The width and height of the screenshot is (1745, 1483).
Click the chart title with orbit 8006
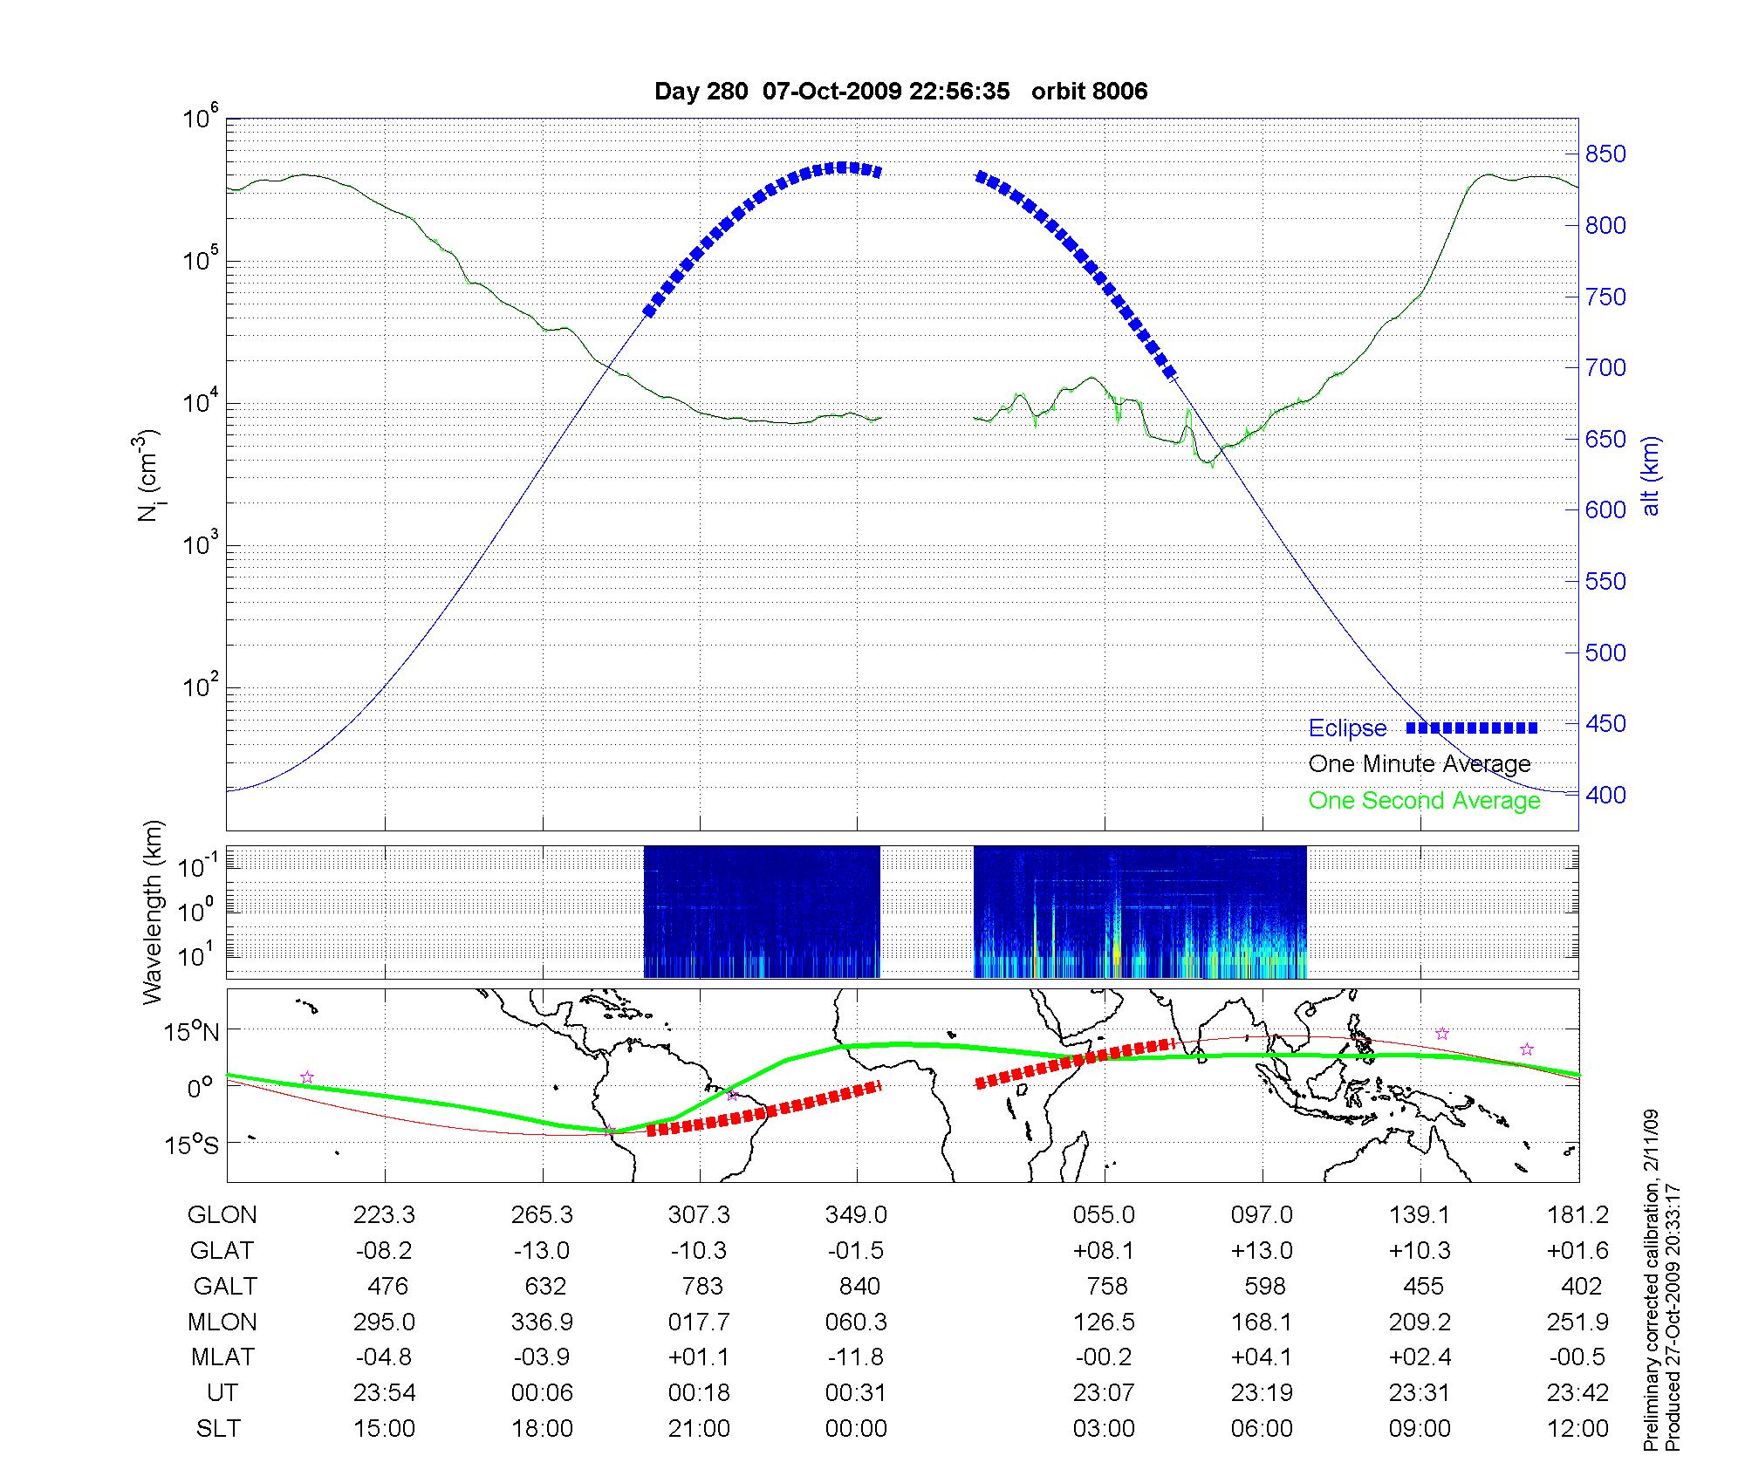click(900, 91)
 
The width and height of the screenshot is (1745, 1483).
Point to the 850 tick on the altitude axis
click(1605, 154)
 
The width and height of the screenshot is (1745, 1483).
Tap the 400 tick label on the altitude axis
click(1605, 795)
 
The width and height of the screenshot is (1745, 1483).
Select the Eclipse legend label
click(1347, 728)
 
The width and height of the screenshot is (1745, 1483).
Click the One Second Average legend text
click(1424, 801)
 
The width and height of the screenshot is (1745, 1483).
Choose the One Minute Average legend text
click(1420, 764)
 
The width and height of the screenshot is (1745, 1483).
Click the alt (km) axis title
click(1651, 476)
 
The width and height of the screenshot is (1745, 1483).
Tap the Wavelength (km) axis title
click(154, 912)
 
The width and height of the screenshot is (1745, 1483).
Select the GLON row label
click(222, 1215)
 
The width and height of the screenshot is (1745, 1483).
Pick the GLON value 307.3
click(699, 1215)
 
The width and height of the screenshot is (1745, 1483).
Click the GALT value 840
click(859, 1287)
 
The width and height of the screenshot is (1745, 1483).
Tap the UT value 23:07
click(1104, 1393)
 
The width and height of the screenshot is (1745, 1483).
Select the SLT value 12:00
click(1580, 1429)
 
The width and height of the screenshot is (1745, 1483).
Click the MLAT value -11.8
click(856, 1357)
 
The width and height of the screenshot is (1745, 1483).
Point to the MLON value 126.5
click(1104, 1322)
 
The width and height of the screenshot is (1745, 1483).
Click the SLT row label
click(218, 1429)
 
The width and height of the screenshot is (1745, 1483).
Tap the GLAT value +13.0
click(1262, 1251)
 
